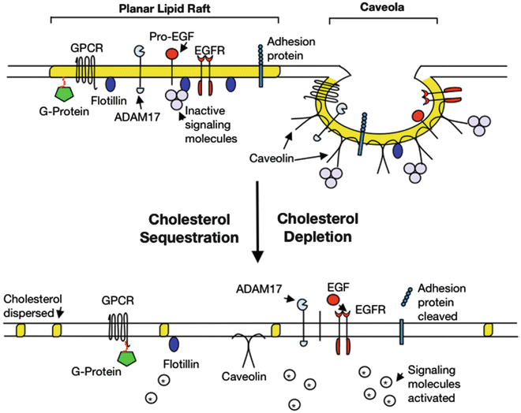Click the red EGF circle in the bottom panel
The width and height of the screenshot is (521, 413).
pos(333,300)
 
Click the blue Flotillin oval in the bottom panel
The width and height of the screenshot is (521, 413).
pos(173,344)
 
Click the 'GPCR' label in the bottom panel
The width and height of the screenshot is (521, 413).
pos(115,300)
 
